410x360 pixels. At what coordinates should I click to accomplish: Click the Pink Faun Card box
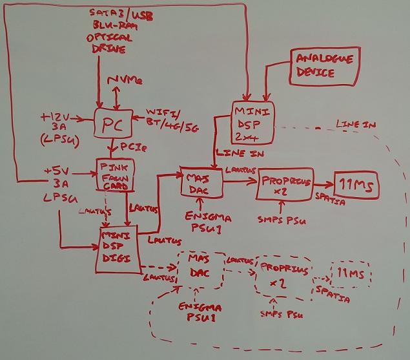point(115,175)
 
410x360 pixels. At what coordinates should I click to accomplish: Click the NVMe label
point(125,81)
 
